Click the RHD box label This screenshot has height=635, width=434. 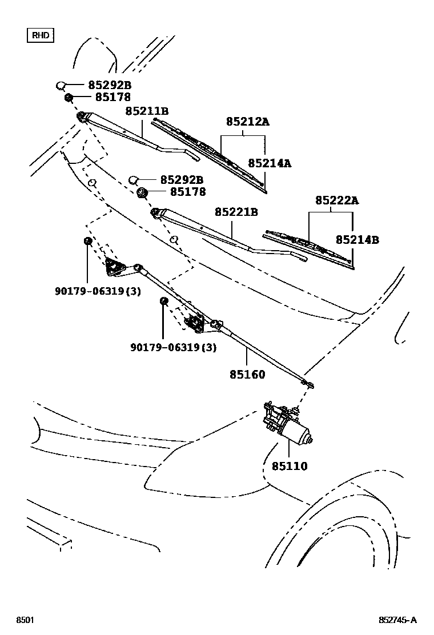point(41,35)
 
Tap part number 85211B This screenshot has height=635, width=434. point(147,111)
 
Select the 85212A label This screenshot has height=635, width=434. point(247,122)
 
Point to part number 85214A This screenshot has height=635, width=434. point(270,163)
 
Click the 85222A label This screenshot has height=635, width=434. point(337,200)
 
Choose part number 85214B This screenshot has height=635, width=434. point(357,240)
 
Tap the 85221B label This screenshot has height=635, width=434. point(236,212)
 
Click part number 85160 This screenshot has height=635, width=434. point(247,375)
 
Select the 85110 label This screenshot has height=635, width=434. point(289,467)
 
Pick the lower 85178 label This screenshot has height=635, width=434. point(182,192)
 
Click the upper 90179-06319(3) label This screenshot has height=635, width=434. point(98,291)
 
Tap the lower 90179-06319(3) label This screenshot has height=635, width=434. point(173,347)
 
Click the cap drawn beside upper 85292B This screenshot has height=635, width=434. point(61,86)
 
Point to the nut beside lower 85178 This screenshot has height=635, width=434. point(143,192)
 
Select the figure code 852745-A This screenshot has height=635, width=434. point(397,620)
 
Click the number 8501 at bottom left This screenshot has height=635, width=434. point(23,620)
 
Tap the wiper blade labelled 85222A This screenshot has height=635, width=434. point(308,247)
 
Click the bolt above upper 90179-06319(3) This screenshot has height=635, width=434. point(87,241)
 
